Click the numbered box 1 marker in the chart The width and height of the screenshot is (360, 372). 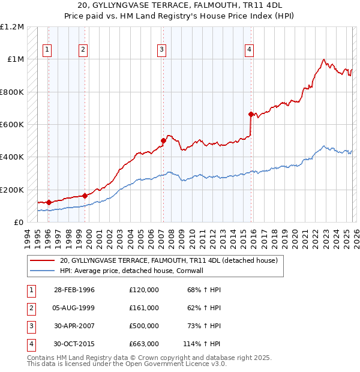(x=47, y=50)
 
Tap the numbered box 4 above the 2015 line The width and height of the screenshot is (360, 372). (x=248, y=50)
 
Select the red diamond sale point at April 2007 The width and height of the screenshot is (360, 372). (x=163, y=141)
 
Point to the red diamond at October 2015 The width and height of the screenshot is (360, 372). (x=251, y=114)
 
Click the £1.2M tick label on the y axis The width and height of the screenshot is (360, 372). (x=12, y=27)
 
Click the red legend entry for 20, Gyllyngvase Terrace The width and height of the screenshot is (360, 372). (x=168, y=261)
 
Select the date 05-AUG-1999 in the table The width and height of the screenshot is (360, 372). (x=74, y=308)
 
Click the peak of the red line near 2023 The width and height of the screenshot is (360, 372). (x=324, y=59)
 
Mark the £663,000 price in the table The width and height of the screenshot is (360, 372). (x=144, y=344)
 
